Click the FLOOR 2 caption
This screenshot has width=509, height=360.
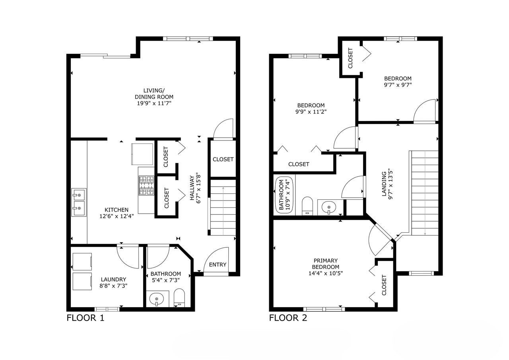click(288, 318)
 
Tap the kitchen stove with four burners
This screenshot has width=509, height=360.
click(146, 186)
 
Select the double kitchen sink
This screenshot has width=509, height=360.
click(79, 202)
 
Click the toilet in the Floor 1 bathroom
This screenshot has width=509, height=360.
click(179, 298)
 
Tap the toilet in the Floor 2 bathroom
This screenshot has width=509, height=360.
click(307, 206)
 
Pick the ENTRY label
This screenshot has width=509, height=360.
click(218, 265)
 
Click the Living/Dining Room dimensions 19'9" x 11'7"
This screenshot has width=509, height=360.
click(154, 103)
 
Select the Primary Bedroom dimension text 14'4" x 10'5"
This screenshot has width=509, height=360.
click(325, 273)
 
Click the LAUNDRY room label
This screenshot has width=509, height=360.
click(113, 279)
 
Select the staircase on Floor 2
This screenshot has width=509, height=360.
click(425, 193)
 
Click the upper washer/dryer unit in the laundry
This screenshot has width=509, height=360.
click(82, 261)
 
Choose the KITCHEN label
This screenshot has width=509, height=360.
click(116, 210)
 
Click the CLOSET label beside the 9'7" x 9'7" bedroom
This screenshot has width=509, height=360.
click(350, 58)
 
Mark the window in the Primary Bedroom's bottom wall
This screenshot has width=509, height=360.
click(324, 309)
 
